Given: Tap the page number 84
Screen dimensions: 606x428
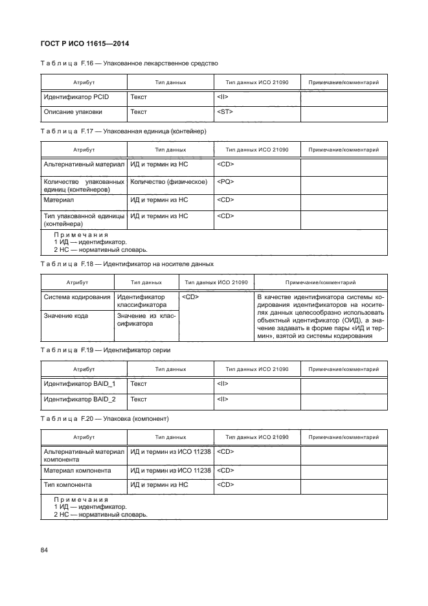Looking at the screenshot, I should point(45,550).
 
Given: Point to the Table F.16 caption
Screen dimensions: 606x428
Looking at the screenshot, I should point(130,63).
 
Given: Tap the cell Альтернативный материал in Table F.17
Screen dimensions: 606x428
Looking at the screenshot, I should point(84,164).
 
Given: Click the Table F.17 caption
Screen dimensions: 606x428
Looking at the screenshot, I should point(123,131).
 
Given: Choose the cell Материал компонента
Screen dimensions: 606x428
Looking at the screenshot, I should point(77,470).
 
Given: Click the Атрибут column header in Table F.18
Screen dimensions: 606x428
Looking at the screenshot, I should point(77,282).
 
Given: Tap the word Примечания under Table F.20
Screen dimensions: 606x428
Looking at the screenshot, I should point(81,500).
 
